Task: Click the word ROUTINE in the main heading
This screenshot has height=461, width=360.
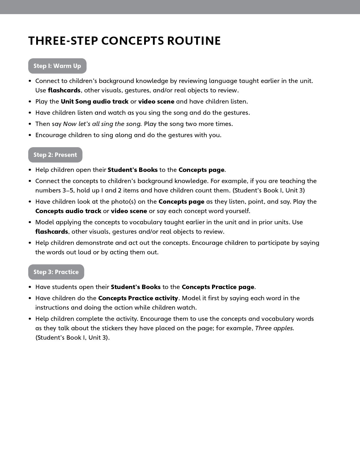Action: [194, 41]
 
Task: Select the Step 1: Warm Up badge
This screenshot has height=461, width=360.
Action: [57, 66]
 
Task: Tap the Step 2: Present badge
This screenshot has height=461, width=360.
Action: [55, 155]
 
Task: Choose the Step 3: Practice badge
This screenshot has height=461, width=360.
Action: [56, 272]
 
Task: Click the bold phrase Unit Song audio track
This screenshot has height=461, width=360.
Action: [94, 102]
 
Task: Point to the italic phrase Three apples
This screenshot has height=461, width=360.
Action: [274, 328]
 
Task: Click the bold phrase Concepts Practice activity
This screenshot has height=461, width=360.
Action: [138, 298]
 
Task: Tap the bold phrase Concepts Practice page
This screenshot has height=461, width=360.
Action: [218, 287]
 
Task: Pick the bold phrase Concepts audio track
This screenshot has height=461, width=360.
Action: [68, 211]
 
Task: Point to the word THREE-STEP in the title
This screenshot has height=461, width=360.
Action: [63, 41]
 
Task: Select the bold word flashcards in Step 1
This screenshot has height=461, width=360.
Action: [64, 90]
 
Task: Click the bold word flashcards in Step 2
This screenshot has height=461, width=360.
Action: [51, 232]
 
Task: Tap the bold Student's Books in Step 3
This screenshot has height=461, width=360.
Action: [136, 287]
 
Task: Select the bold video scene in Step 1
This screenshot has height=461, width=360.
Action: [156, 102]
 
